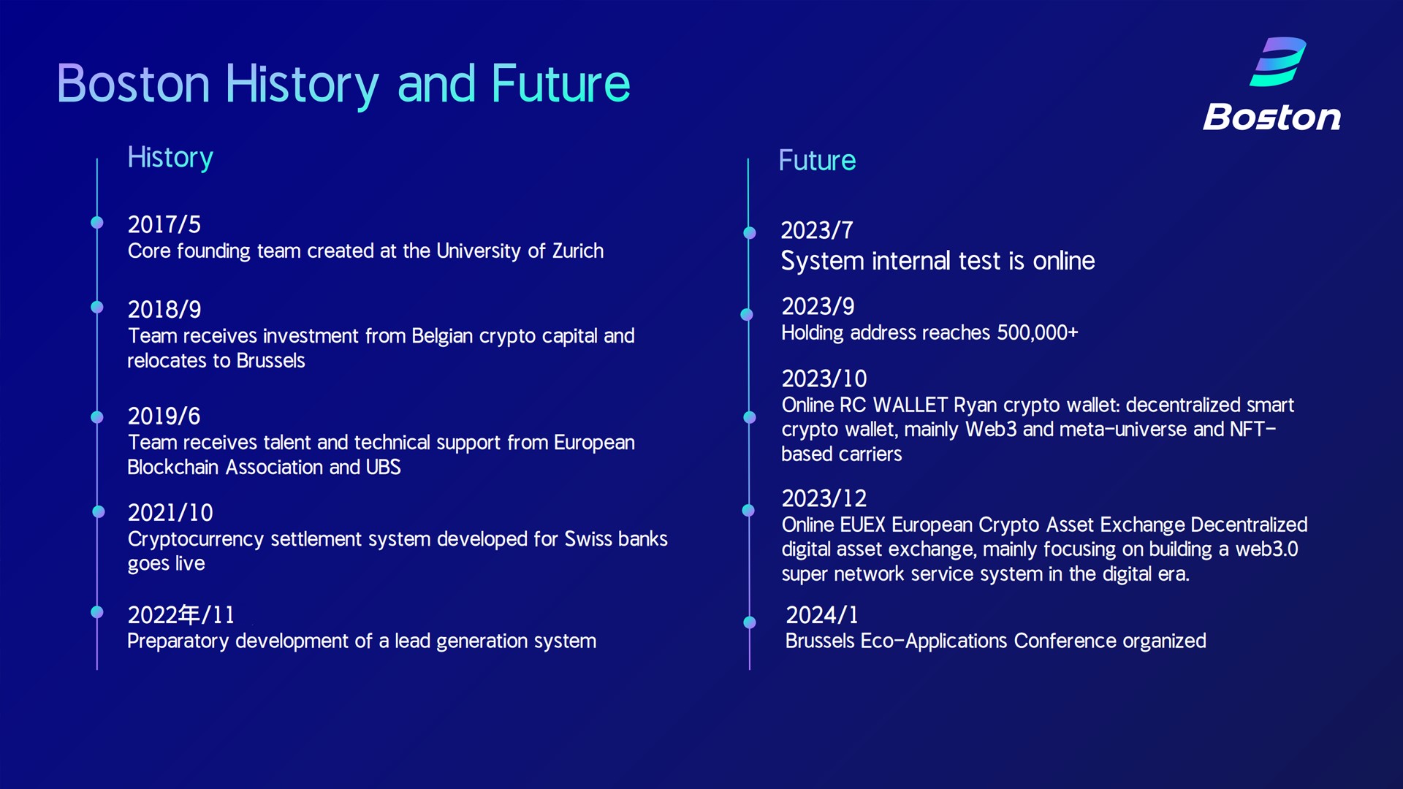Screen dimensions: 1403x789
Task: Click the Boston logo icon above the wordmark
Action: pyautogui.click(x=1278, y=61)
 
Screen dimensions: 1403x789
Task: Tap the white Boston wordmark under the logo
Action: pyautogui.click(x=1272, y=117)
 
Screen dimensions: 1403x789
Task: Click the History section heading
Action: pyautogui.click(x=170, y=158)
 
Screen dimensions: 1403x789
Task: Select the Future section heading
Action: pyautogui.click(x=817, y=160)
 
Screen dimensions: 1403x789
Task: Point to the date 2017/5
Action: pyautogui.click(x=164, y=224)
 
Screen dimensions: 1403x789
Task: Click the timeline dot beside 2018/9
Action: pyautogui.click(x=97, y=307)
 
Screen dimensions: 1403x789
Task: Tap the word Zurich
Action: pyautogui.click(x=578, y=251)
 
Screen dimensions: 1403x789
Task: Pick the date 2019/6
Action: pyautogui.click(x=164, y=416)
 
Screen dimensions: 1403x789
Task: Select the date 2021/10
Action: pyautogui.click(x=171, y=512)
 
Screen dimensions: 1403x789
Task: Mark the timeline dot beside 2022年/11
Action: pyautogui.click(x=97, y=612)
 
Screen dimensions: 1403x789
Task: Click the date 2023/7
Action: pyautogui.click(x=817, y=230)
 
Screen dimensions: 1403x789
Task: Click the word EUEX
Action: pyautogui.click(x=862, y=525)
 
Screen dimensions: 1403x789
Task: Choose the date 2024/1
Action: pyautogui.click(x=822, y=614)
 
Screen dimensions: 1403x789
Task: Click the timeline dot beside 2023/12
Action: pyautogui.click(x=748, y=511)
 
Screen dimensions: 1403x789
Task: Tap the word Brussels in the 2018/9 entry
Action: pyautogui.click(x=271, y=360)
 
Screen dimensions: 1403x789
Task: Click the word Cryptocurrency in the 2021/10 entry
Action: pyautogui.click(x=196, y=539)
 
